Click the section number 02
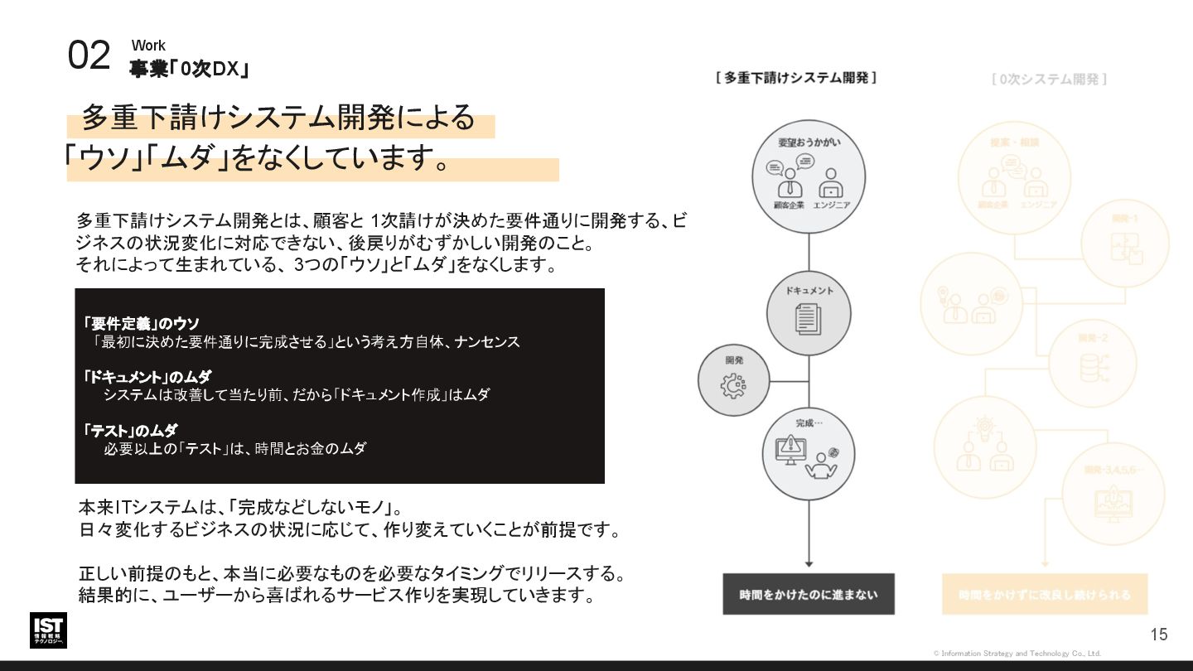pos(89,56)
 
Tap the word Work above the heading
pos(148,46)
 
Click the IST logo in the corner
pos(48,630)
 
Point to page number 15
pos(1158,635)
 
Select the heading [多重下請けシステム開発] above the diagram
pos(796,78)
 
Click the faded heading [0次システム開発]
pos(1049,80)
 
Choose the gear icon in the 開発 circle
pos(733,386)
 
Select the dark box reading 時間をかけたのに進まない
pos(808,594)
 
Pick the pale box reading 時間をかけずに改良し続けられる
pos(1044,594)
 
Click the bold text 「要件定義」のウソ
pos(142,323)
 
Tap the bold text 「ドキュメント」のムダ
pos(147,377)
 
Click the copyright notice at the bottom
pos(1017,654)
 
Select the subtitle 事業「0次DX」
pos(189,70)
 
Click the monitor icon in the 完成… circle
pos(790,450)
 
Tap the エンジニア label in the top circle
pos(831,204)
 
